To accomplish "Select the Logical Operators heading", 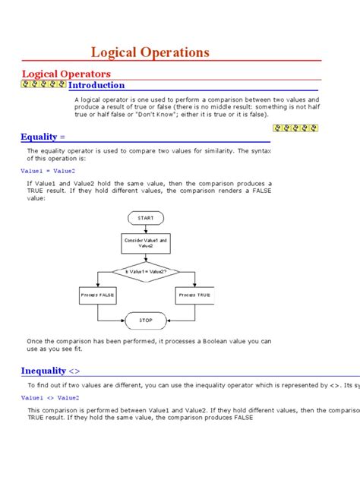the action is [65, 74].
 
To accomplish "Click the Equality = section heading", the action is [43, 137].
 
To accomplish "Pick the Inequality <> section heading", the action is [50, 371].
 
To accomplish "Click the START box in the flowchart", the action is [145, 218].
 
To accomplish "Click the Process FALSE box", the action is [96, 293].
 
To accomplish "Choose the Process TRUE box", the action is [194, 293].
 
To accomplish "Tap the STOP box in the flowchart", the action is [145, 320].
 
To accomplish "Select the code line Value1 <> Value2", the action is [49, 397].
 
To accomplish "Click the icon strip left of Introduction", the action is [43, 84].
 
